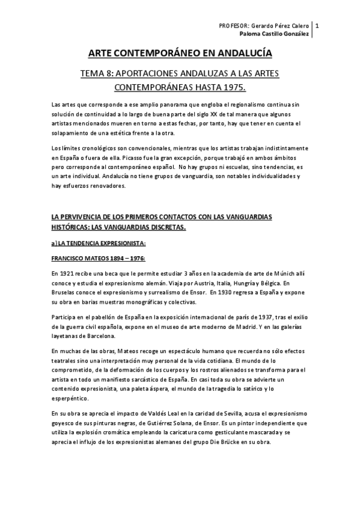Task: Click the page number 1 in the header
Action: click(317, 26)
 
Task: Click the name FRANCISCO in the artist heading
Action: click(68, 259)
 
